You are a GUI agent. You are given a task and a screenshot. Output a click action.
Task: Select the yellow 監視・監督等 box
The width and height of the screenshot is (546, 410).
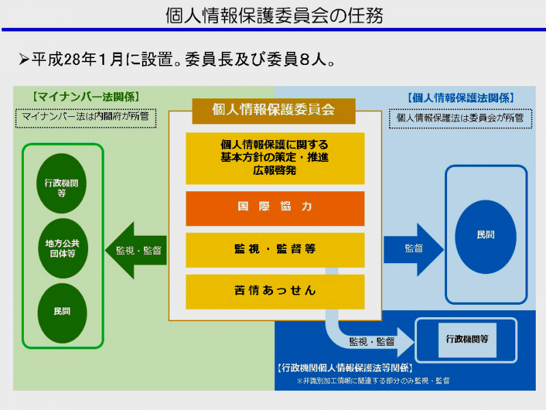[275, 249]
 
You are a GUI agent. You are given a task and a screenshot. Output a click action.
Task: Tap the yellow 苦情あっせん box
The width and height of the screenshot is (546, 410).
[275, 291]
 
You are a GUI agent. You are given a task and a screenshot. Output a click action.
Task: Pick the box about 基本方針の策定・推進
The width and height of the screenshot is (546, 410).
[275, 159]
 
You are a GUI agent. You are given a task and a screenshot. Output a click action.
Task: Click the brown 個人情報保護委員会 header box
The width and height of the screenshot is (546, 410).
[273, 109]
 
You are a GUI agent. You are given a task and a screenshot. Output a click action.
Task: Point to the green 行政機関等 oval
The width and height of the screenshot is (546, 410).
[62, 183]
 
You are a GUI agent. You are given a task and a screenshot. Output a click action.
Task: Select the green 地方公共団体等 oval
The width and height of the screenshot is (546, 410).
[62, 247]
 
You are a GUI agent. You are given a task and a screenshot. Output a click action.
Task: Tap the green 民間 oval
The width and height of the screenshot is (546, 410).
[62, 312]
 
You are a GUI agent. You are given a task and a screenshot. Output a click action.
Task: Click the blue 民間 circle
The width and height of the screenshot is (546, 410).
[486, 235]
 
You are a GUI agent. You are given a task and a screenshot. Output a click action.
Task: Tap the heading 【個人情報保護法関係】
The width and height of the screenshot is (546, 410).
[460, 98]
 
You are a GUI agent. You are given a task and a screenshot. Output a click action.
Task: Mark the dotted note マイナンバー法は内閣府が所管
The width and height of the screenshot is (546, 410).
[85, 118]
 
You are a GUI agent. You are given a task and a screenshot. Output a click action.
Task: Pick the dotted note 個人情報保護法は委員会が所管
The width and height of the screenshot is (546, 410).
[460, 118]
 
